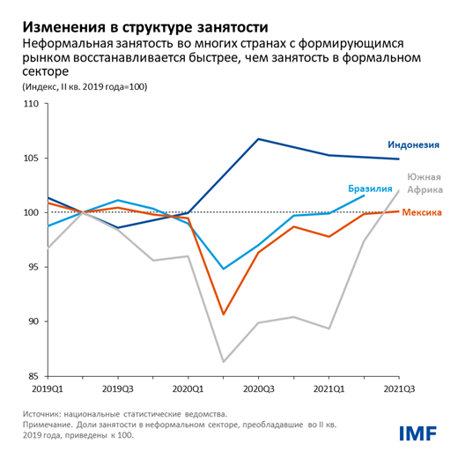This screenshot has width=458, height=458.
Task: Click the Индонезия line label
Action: [x=413, y=144]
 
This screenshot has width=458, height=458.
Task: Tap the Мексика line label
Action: [x=420, y=212]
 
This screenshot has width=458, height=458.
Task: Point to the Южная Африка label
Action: [x=423, y=183]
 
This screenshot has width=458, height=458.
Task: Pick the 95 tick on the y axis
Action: [x=33, y=267]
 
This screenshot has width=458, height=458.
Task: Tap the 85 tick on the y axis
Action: [x=33, y=375]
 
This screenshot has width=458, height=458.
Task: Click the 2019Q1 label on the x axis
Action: [x=47, y=388]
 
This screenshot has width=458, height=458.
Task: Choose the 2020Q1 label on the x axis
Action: [x=188, y=388]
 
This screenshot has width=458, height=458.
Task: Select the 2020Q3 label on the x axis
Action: [x=258, y=388]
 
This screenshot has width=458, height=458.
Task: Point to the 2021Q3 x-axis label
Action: [x=399, y=388]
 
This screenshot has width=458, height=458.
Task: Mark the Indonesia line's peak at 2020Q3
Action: [x=258, y=139]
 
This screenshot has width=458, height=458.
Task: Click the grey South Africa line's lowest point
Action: [x=223, y=362]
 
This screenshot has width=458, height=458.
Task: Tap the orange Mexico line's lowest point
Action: [x=223, y=314]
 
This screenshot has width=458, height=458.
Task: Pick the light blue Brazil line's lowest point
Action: [x=223, y=269]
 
